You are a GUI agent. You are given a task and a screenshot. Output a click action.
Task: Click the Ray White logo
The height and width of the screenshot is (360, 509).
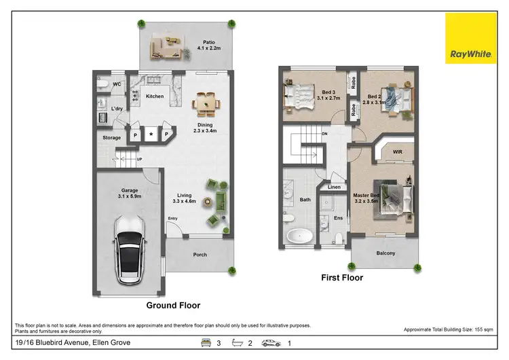470,39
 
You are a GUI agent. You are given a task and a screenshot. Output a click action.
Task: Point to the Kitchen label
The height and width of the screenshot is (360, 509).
155,96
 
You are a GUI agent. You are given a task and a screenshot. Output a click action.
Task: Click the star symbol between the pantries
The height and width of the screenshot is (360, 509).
151,134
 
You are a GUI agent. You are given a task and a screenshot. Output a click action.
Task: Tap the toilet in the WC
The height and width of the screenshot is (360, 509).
102,87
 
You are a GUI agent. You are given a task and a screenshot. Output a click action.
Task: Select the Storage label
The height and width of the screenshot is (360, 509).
112,138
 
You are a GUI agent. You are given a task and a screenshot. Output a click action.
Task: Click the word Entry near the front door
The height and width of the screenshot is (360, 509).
173,218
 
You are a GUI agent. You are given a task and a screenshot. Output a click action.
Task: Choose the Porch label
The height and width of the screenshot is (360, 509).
200,255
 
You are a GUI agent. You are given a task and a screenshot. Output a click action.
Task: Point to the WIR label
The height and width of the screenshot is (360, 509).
398,153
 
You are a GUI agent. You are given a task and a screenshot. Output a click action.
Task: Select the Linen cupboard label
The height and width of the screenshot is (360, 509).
334,187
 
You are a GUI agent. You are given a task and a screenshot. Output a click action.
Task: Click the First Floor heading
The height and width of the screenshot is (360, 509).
342,277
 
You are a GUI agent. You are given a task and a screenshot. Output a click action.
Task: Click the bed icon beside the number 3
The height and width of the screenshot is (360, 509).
204,343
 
